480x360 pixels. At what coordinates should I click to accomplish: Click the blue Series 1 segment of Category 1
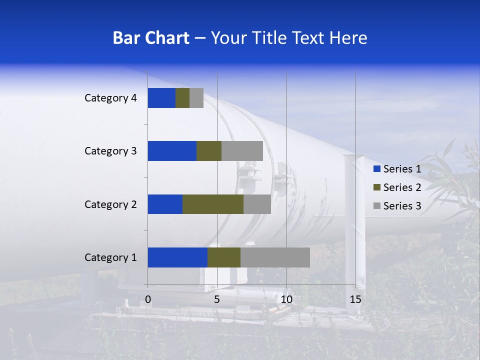pyautogui.click(x=177, y=257)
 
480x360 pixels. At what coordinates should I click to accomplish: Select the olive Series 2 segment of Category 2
pyautogui.click(x=213, y=204)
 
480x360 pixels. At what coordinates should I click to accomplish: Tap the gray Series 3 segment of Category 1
pyautogui.click(x=275, y=257)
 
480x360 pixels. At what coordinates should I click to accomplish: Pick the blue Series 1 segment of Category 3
pyautogui.click(x=172, y=151)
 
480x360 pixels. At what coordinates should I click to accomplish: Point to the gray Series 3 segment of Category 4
pyautogui.click(x=196, y=98)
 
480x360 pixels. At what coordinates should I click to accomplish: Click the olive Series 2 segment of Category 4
pyautogui.click(x=182, y=98)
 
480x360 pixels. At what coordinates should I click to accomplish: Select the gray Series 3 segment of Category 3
pyautogui.click(x=242, y=151)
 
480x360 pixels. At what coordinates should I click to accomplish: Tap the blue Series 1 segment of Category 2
pyautogui.click(x=165, y=204)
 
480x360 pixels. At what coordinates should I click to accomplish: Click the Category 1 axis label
pyautogui.click(x=110, y=257)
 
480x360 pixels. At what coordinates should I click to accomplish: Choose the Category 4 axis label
pyautogui.click(x=110, y=98)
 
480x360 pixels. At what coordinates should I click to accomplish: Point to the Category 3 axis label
pyautogui.click(x=110, y=151)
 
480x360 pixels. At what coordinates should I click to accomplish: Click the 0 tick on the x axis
pyautogui.click(x=148, y=299)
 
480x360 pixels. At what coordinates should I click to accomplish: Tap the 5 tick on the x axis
pyautogui.click(x=217, y=299)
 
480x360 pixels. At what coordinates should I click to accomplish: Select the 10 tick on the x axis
pyautogui.click(x=286, y=299)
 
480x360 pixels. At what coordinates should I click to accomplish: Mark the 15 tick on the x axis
pyautogui.click(x=355, y=299)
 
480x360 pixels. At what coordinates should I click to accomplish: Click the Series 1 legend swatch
pyautogui.click(x=376, y=169)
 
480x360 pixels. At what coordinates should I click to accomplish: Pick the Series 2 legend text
pyautogui.click(x=402, y=187)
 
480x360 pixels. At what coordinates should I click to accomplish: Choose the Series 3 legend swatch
pyautogui.click(x=376, y=206)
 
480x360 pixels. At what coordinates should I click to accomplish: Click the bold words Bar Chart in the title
pyautogui.click(x=151, y=38)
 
